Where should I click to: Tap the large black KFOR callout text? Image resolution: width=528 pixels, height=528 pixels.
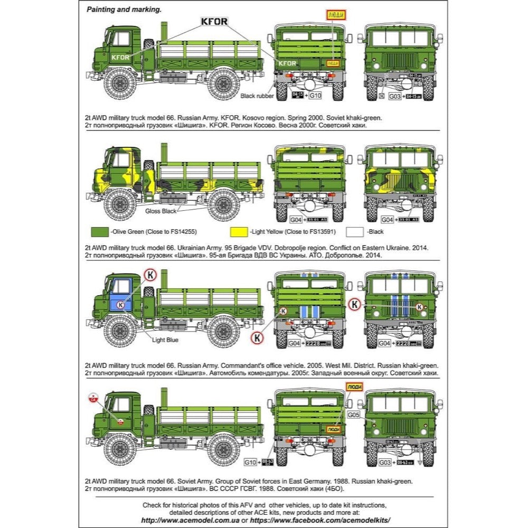click(214, 22)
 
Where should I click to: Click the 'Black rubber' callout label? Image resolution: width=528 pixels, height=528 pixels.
click(257, 96)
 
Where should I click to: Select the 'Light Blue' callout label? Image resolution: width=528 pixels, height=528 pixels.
click(165, 340)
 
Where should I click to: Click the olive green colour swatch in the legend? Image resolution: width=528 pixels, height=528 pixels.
click(99, 232)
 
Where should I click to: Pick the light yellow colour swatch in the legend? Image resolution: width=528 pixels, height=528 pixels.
click(239, 232)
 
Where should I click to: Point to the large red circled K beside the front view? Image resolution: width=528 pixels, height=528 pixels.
click(355, 305)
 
